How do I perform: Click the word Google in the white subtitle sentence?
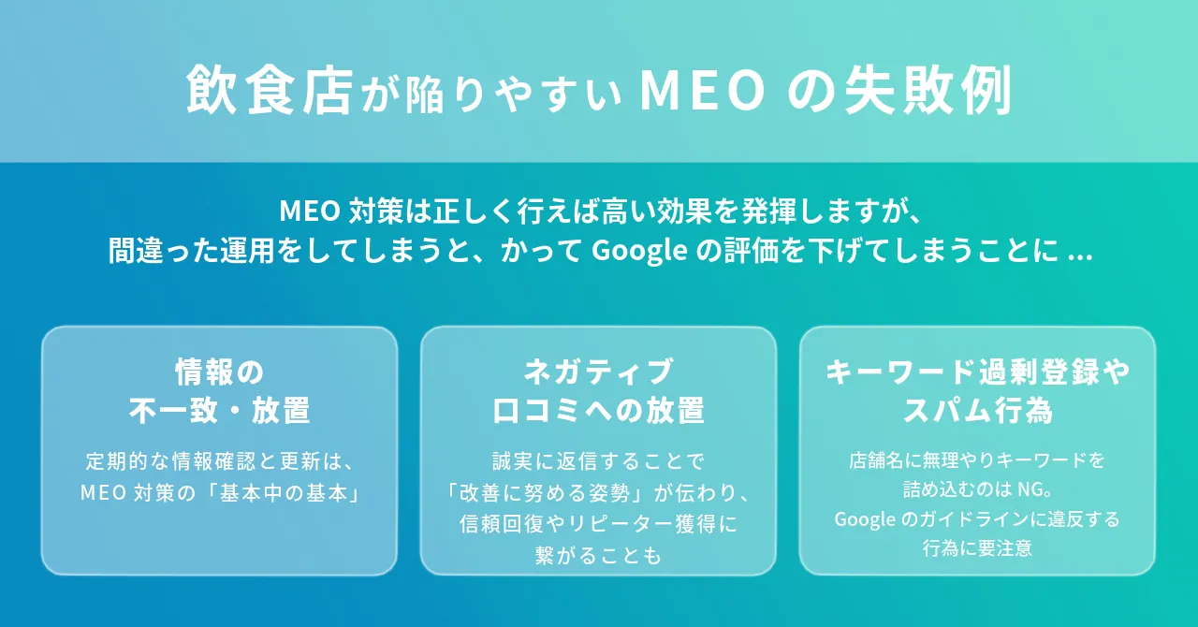[637, 251]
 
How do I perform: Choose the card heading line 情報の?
[219, 372]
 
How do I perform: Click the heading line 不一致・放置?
[219, 410]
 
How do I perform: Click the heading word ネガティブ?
[598, 372]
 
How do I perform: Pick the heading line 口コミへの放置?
[598, 410]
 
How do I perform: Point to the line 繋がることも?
[598, 556]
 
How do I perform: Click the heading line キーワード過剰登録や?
[977, 372]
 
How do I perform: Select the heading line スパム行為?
[977, 410]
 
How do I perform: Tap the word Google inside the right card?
[863, 519]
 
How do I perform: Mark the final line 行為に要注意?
[977, 549]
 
